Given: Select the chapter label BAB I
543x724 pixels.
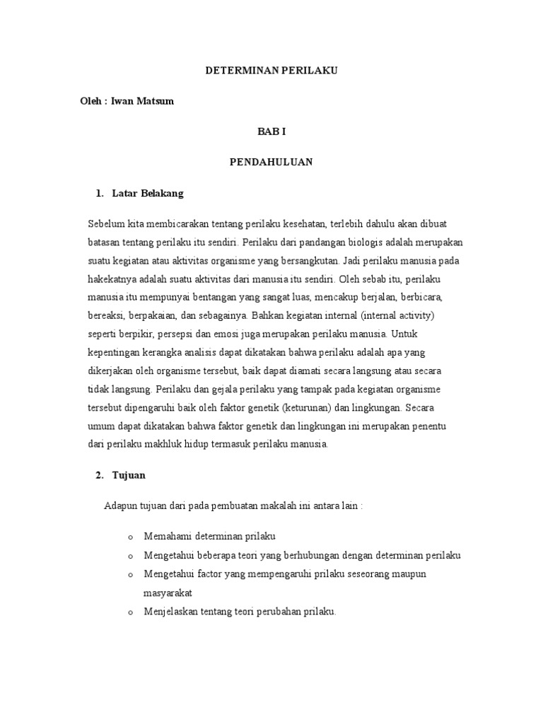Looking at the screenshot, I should [271, 132].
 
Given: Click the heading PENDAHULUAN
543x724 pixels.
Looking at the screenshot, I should [271, 162].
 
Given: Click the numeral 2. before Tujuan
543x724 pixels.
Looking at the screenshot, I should [100, 476].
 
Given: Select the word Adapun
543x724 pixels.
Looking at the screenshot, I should [118, 507].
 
